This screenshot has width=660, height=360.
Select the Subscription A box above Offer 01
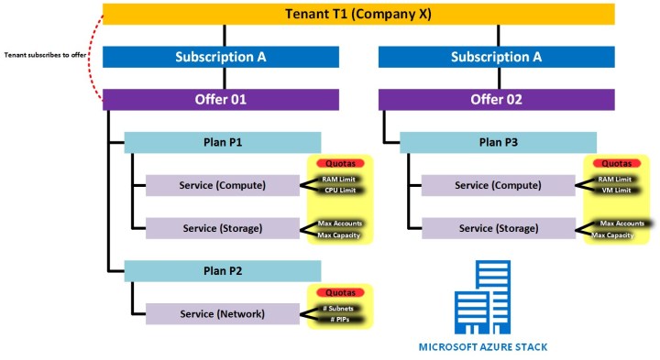point(221,57)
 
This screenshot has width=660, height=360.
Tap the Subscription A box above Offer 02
point(496,57)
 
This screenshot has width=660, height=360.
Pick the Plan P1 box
point(222,142)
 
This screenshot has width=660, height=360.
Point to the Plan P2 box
point(222,270)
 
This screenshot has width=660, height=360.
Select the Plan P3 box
point(497,142)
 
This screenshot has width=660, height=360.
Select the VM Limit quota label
point(615,191)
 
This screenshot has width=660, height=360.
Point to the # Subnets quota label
point(340,308)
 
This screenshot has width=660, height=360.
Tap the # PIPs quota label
point(340,320)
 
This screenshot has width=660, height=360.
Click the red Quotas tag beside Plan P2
point(339,292)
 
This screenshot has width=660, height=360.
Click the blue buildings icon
point(483,300)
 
